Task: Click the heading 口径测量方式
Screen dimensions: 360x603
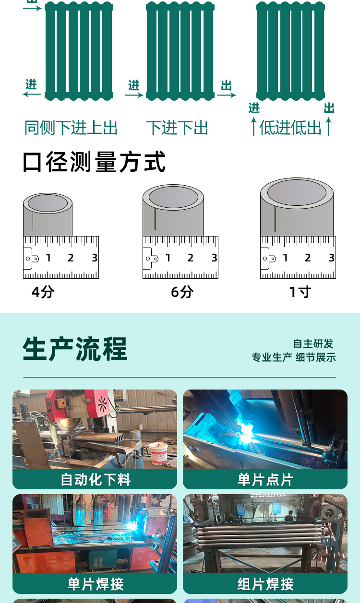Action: pos(94,162)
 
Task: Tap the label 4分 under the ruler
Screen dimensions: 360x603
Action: pos(43,292)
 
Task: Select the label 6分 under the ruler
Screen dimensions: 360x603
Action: pos(182,292)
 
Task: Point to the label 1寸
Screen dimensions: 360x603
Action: pos(300,292)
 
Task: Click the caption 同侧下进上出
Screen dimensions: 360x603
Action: pos(71,128)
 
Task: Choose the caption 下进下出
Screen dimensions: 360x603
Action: pos(177,128)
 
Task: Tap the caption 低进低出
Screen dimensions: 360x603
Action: pos(290,128)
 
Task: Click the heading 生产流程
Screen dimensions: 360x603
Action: pos(75,349)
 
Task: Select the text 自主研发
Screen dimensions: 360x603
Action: pos(313,344)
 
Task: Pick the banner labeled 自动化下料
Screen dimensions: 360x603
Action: pos(95,479)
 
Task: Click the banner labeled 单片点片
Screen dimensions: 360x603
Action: pos(265,479)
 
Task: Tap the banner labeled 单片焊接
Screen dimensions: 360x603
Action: pos(95,584)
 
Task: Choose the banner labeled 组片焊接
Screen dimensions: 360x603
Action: pos(265,584)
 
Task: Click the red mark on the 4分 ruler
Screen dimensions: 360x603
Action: pos(72,241)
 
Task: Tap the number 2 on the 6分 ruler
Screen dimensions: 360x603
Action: pos(191,258)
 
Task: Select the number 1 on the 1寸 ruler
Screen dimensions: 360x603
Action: pos(286,258)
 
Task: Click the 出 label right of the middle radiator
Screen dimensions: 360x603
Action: pos(226,85)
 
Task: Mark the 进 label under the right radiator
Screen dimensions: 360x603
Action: pos(254,108)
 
